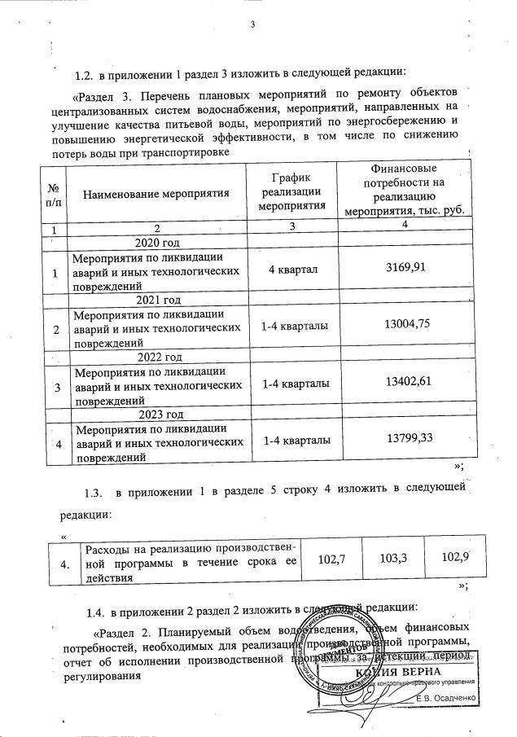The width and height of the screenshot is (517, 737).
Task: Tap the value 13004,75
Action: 405,326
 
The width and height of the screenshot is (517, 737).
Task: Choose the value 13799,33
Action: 405,440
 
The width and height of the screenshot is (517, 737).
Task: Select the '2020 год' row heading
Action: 156,243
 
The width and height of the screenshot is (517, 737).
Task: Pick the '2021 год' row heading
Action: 156,301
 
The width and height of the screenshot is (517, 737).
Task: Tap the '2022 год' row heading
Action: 156,358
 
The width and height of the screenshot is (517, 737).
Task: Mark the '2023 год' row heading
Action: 156,415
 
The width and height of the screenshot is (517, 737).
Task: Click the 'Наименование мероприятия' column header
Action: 155,193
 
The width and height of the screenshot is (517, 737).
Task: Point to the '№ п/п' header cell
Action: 51,193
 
